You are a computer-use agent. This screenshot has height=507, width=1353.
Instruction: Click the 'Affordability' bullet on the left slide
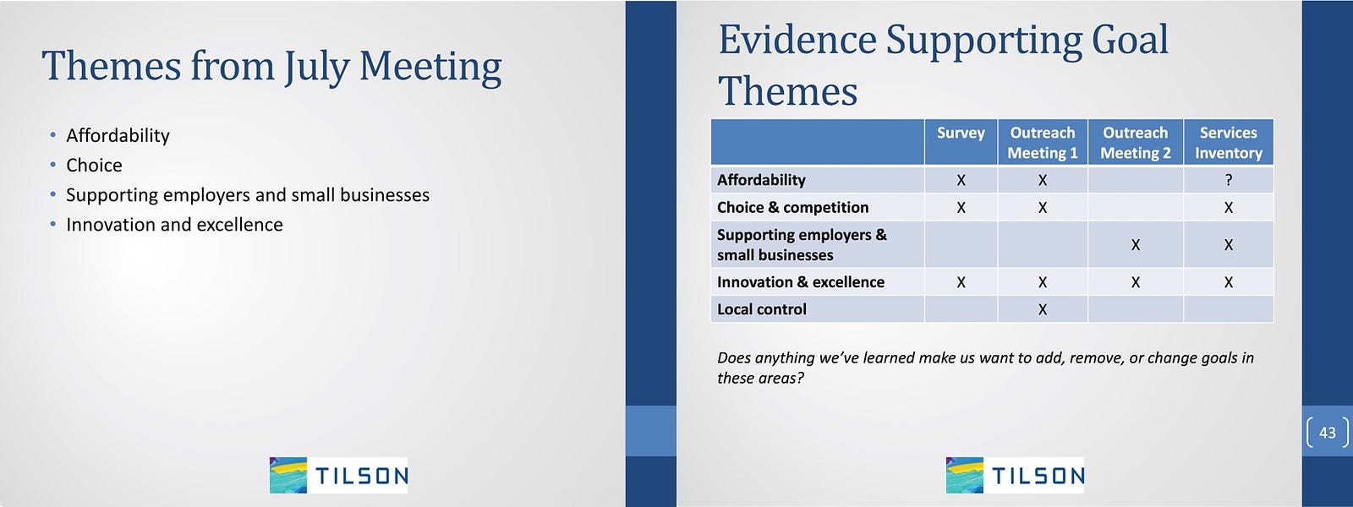point(118,135)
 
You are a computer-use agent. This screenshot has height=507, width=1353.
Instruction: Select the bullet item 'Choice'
point(94,165)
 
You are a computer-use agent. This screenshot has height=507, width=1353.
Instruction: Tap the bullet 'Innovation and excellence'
point(174,225)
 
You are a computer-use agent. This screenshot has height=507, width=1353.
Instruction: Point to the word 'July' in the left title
point(317,67)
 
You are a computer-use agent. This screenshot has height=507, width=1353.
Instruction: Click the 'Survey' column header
point(961,133)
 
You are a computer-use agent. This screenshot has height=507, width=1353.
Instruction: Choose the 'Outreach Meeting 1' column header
point(1043,143)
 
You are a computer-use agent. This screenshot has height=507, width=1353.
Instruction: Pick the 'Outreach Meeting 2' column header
point(1136,143)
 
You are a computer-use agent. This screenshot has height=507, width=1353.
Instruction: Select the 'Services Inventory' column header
point(1229,143)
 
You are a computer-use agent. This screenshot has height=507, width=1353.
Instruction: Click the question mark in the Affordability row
point(1229,180)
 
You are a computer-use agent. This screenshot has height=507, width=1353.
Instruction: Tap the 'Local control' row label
point(762,309)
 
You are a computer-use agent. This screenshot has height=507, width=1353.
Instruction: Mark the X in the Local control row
point(1043,309)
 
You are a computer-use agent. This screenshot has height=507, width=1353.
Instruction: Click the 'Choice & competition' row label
point(792,207)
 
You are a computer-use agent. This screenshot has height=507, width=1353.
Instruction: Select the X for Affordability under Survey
point(961,180)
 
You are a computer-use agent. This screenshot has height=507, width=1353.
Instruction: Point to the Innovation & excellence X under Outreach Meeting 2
point(1136,282)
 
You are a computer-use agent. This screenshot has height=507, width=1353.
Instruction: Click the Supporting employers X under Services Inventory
point(1229,244)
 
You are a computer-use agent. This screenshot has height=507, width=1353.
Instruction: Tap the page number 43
point(1328,432)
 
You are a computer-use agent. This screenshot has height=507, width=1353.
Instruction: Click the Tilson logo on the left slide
point(338,475)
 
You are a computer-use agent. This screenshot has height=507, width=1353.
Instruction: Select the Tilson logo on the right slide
point(1015,475)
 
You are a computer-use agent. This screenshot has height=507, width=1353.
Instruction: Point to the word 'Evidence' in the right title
point(797,40)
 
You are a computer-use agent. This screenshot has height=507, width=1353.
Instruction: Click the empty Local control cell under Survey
point(961,309)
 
